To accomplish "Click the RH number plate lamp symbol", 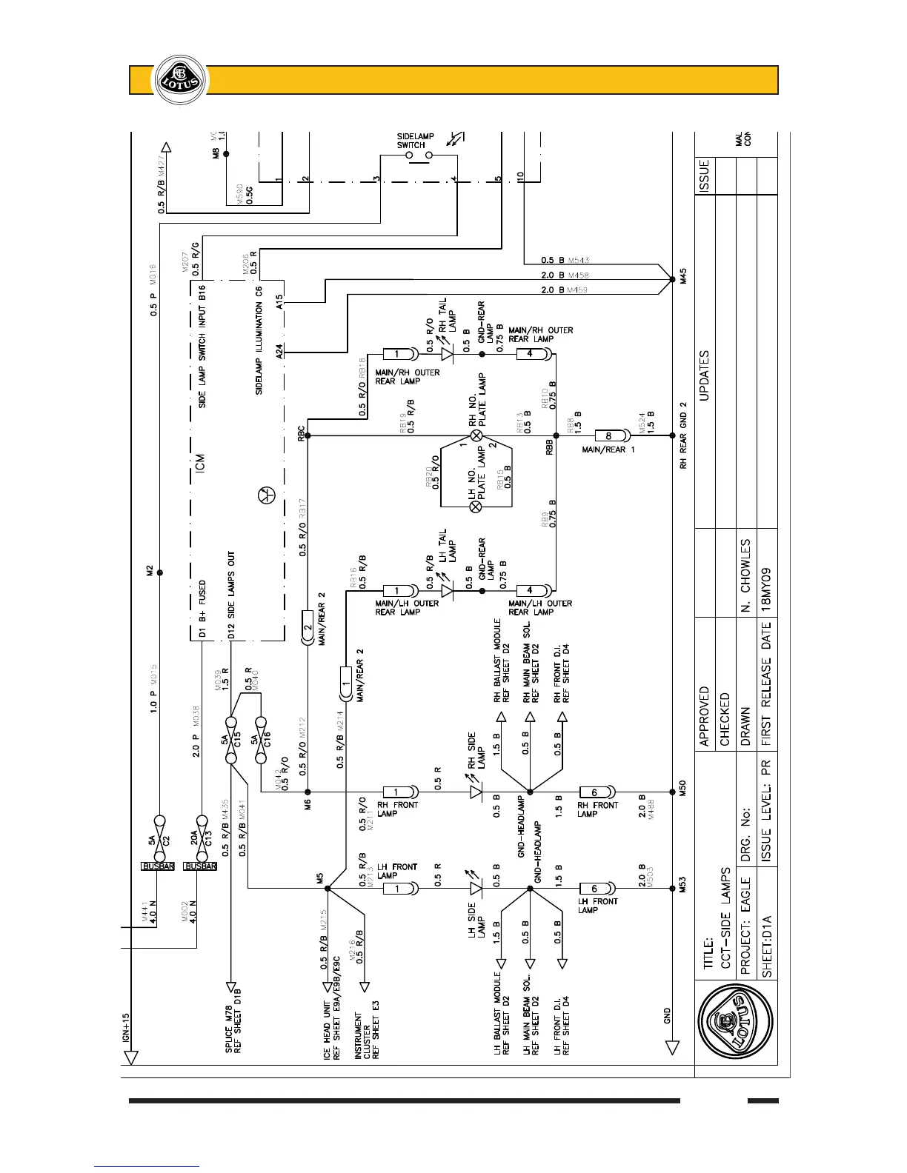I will [477, 435].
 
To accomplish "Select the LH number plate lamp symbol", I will [477, 507].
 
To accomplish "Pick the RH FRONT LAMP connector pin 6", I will [594, 792].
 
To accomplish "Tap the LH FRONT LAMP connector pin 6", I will [594, 889].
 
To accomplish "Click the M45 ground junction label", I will [682, 279].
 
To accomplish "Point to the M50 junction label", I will [682, 791].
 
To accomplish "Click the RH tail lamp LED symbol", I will [447, 354].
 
